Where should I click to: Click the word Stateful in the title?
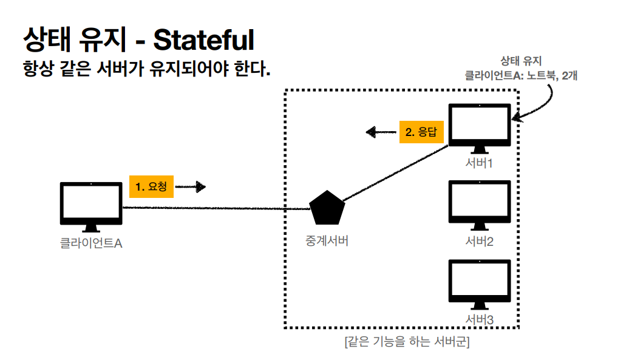[x=203, y=41]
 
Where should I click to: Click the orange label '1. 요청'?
[x=152, y=187]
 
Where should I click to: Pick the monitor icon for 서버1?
[x=479, y=128]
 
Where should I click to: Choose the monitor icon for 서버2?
[x=479, y=205]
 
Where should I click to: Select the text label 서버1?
[x=479, y=164]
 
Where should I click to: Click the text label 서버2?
[x=479, y=242]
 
